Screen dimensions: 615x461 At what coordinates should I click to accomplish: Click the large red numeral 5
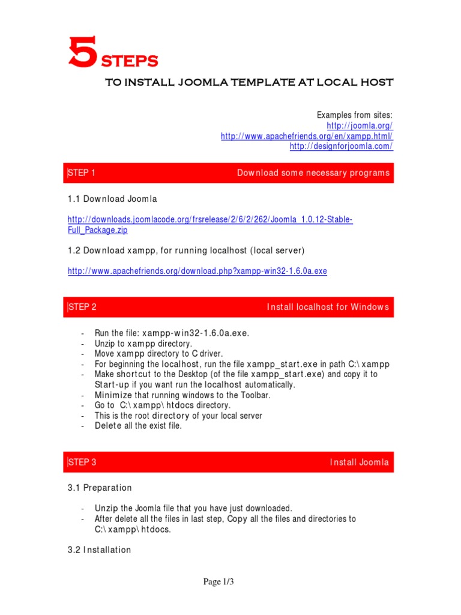(82, 52)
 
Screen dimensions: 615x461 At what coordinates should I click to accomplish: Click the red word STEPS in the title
(128, 61)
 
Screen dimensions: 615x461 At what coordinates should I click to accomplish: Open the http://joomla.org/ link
(360, 126)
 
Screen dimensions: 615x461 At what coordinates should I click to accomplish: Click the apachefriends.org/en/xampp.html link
(307, 136)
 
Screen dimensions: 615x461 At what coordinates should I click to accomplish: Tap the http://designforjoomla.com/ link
(341, 147)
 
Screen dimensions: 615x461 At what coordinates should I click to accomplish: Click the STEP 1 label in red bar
(82, 173)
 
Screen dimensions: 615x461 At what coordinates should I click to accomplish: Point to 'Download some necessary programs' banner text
(313, 173)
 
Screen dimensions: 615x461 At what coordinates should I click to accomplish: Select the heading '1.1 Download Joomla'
(112, 199)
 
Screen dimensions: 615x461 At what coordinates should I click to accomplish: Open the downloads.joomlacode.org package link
(209, 220)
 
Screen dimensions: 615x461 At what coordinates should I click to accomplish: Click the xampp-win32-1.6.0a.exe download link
(197, 271)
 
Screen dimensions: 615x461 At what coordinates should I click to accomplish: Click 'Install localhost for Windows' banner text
(328, 307)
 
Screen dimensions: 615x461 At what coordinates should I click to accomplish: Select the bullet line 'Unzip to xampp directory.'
(143, 344)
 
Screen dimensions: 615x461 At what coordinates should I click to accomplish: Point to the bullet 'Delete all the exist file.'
(138, 426)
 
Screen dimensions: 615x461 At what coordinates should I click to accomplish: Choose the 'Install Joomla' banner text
(359, 462)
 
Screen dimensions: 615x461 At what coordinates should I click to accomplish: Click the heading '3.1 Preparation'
(100, 488)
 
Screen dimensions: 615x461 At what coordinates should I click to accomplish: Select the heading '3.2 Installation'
(99, 550)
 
